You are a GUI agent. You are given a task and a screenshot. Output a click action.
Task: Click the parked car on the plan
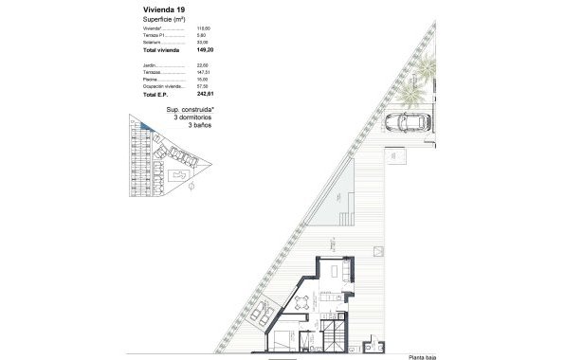[x=409, y=122]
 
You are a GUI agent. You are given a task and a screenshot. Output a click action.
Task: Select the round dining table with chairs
[x=301, y=303]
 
